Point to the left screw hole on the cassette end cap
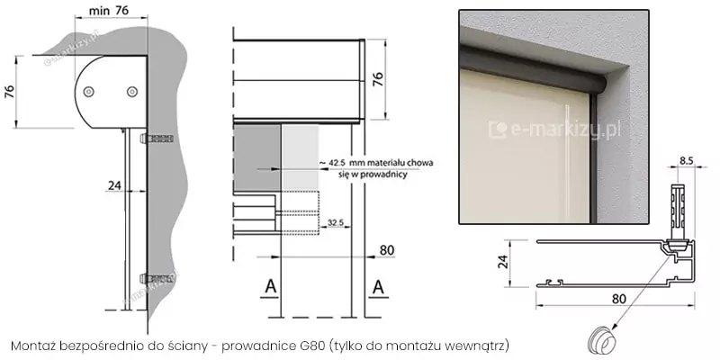pyautogui.click(x=90, y=91)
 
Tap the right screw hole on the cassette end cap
pyautogui.click(x=132, y=91)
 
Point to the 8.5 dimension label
pyautogui.click(x=686, y=160)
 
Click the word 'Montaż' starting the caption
pyautogui.click(x=34, y=346)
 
